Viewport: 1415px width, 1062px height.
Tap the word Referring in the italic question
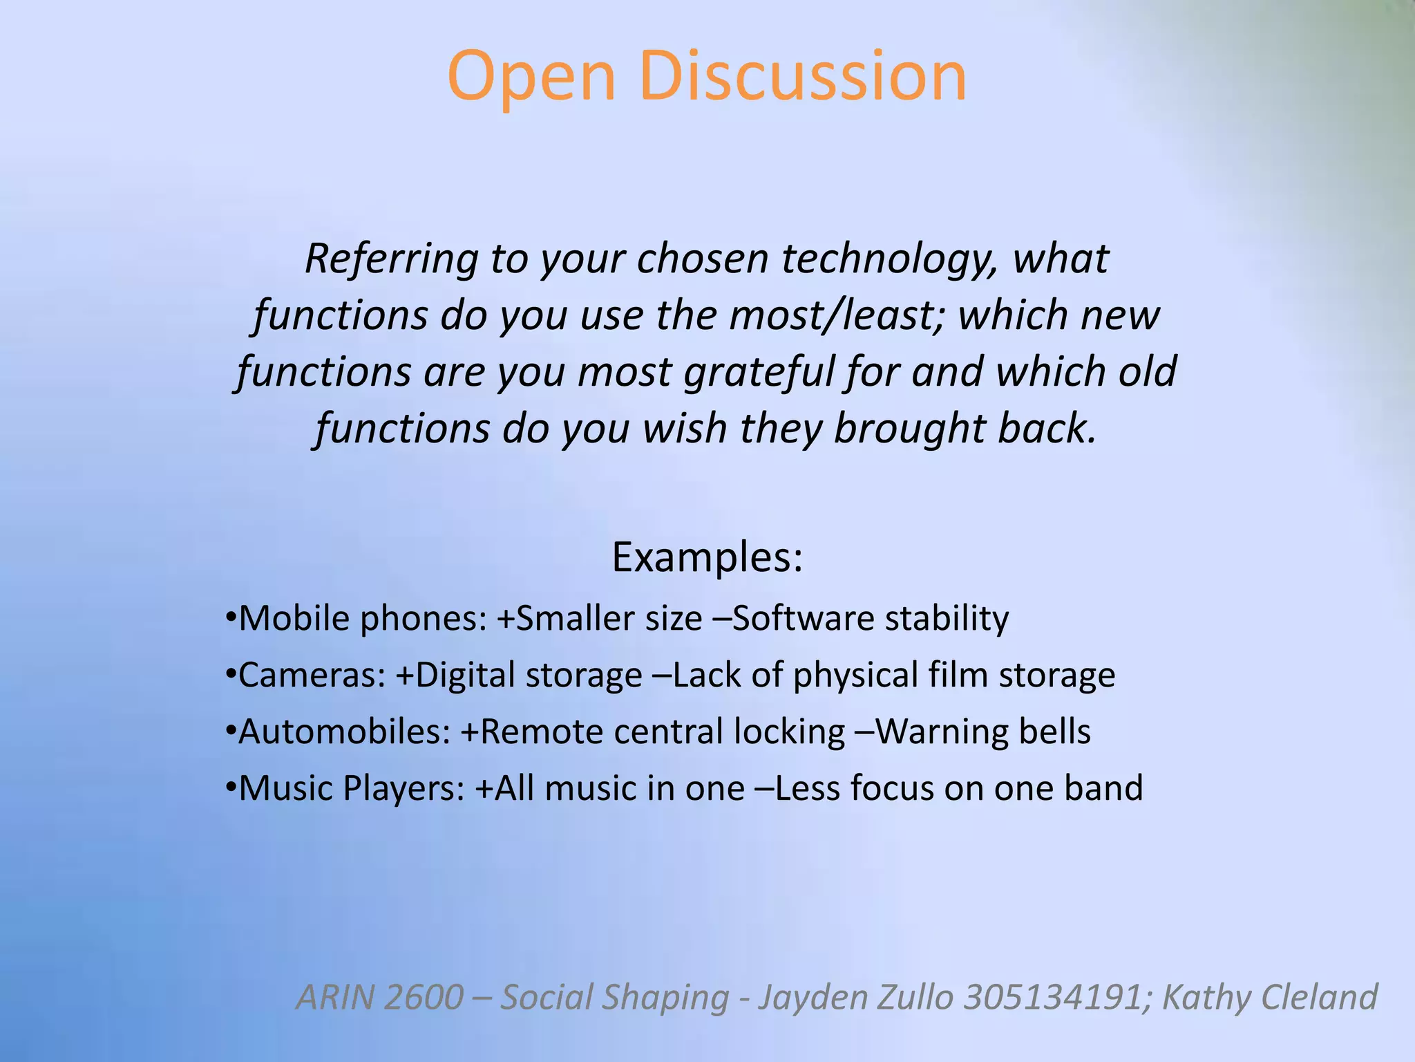391,259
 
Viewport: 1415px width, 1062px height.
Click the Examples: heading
707,557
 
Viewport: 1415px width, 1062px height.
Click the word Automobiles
344,732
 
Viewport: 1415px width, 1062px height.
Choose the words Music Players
352,788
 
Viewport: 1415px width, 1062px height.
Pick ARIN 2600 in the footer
379,997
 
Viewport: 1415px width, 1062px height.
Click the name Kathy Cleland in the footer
1270,997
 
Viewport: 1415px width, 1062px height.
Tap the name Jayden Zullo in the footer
855,997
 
